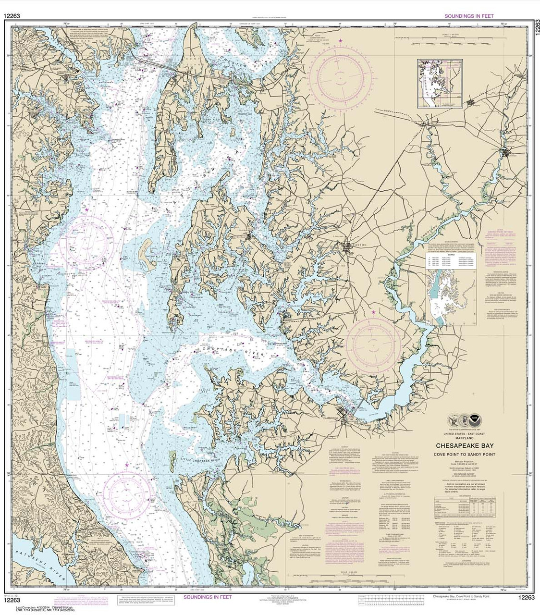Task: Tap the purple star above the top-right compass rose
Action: pos(341,41)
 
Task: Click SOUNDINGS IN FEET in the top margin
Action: pos(466,16)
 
